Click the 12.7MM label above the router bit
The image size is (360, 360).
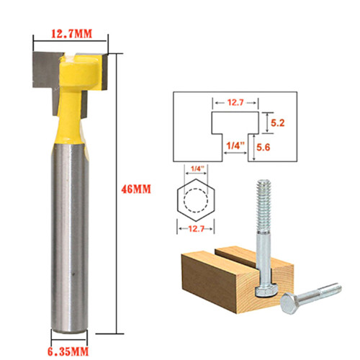[71, 34]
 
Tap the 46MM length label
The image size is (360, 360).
[136, 189]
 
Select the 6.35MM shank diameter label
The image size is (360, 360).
[68, 352]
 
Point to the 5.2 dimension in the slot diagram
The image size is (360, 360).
[278, 123]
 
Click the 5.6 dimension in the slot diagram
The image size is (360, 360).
[264, 147]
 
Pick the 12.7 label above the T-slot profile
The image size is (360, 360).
[235, 102]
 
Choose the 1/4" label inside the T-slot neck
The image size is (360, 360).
[235, 145]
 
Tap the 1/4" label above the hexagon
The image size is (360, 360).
[197, 168]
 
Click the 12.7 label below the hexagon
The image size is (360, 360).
[196, 229]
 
